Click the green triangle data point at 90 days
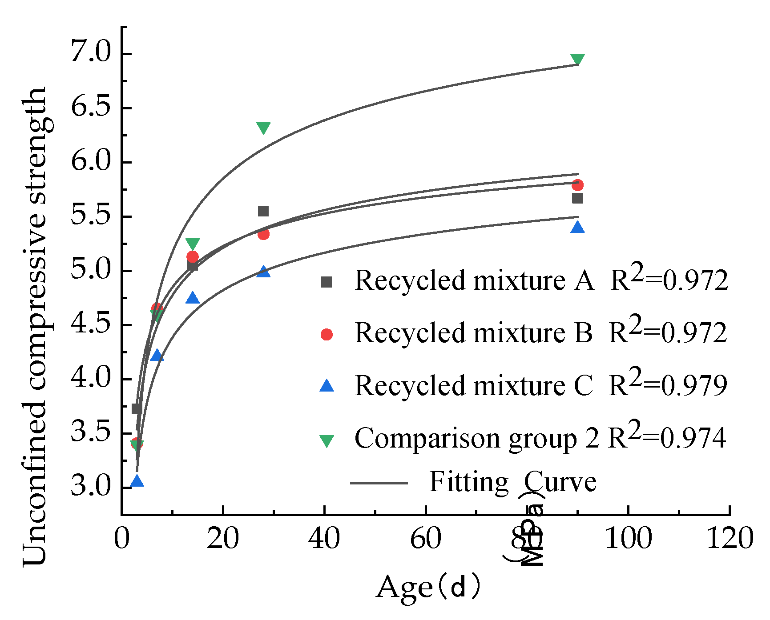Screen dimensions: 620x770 pos(577,59)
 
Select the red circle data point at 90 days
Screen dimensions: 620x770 pos(577,185)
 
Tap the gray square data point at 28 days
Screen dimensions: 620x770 pos(263,211)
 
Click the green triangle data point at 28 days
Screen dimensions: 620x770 pos(263,128)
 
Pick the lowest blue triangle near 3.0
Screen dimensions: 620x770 pos(137,481)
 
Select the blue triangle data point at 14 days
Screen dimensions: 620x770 pos(193,298)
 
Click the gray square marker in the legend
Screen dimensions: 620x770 pos(327,282)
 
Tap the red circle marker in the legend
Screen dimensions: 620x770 pos(327,334)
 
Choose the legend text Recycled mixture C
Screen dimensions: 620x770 pos(474,386)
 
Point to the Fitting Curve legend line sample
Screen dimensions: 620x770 pos(379,483)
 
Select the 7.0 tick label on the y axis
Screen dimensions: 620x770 pos(91,53)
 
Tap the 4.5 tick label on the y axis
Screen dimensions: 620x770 pos(91,324)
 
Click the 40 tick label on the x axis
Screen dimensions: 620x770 pos(324,538)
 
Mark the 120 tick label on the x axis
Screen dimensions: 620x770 pos(730,538)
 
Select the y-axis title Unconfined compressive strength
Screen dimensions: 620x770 pos(35,327)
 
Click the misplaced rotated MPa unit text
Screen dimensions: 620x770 pos(531,531)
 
